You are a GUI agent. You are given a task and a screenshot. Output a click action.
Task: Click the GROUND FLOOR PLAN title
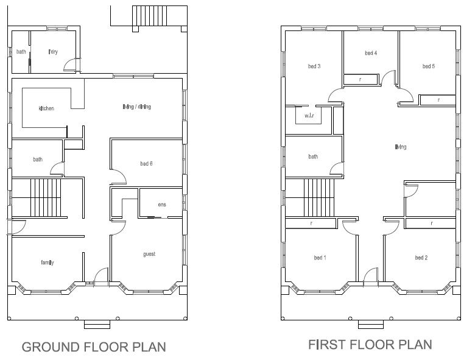tap(94, 347)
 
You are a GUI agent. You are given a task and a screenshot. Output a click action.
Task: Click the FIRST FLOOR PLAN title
tap(370, 345)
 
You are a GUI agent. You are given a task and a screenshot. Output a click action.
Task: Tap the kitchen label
tap(46, 109)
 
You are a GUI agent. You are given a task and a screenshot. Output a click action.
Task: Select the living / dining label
tap(136, 107)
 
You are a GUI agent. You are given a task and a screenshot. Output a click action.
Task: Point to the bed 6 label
tap(146, 164)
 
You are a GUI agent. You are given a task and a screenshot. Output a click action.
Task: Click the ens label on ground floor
tap(161, 205)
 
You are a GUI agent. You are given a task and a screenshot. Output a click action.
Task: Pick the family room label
tap(47, 263)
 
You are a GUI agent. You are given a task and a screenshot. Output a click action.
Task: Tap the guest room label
tap(149, 254)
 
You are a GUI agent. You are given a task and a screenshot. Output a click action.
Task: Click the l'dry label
tap(53, 52)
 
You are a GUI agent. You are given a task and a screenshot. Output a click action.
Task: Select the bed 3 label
tap(314, 66)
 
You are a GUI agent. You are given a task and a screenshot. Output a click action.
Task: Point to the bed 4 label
tap(371, 54)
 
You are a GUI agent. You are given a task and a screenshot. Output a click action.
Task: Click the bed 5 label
tap(428, 66)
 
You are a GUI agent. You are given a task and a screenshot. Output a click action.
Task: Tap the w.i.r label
tap(309, 115)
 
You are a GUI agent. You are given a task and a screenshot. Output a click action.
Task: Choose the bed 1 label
tap(320, 258)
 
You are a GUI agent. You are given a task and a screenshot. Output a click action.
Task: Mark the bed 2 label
tap(421, 258)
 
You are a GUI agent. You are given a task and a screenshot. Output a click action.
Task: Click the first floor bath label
tap(313, 157)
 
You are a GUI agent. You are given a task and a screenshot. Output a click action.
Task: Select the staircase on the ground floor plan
tap(46, 198)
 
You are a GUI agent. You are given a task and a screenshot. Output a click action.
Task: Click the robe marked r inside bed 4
tap(360, 79)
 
